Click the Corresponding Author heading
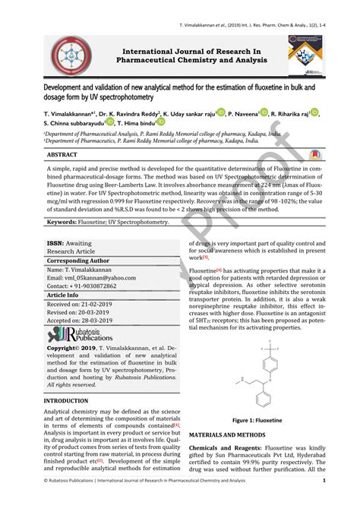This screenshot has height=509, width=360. click(78, 260)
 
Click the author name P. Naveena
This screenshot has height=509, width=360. click(239, 112)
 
